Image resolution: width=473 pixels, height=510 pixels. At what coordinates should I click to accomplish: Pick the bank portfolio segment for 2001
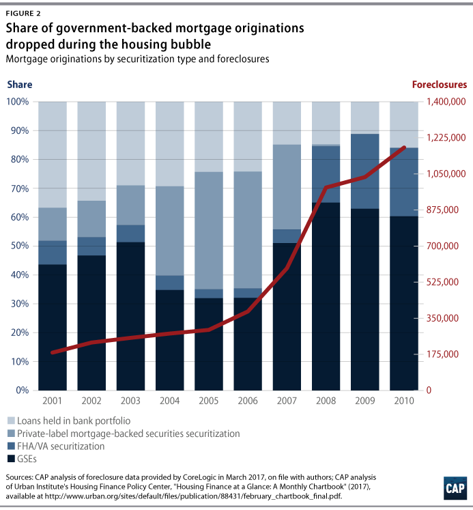tap(53, 154)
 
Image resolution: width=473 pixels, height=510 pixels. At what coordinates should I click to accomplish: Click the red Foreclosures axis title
tap(439, 85)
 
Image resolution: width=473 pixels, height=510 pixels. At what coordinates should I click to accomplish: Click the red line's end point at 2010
tap(404, 147)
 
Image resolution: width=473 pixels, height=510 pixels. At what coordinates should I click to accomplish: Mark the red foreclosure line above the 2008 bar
tap(326, 187)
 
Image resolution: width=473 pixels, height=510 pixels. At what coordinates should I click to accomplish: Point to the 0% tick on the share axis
tap(21, 391)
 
